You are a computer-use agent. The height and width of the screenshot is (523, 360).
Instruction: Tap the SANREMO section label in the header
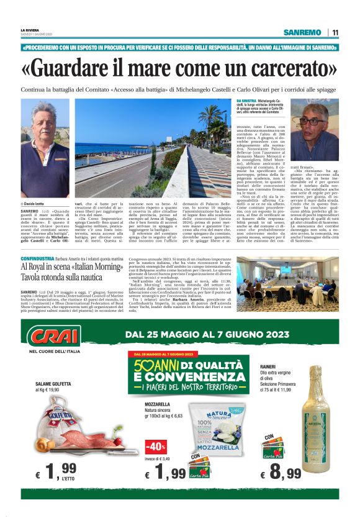click(302, 32)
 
